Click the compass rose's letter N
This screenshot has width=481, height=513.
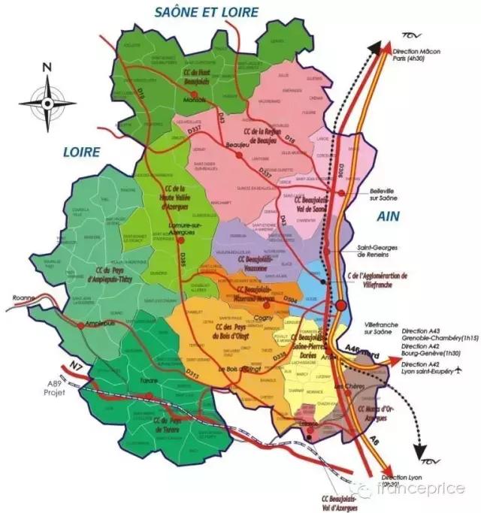coord(47,67)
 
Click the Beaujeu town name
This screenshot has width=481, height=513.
coord(238,146)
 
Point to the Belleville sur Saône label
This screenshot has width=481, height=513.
coord(391,195)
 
